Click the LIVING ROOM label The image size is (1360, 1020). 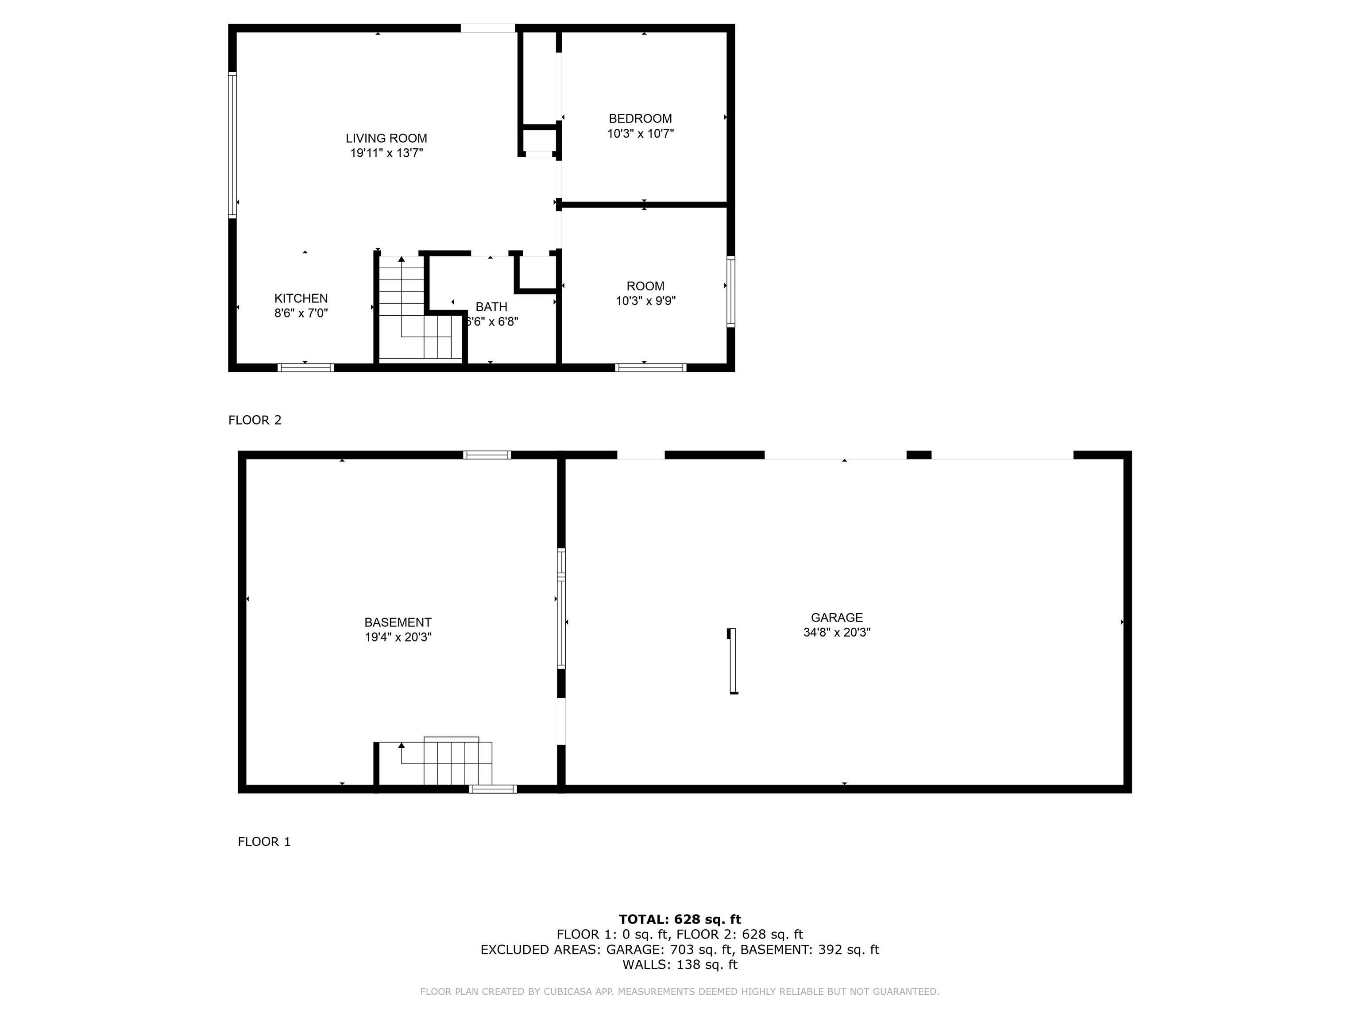tap(386, 138)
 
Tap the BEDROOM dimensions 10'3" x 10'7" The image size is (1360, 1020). tap(641, 133)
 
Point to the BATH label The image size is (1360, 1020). tap(491, 307)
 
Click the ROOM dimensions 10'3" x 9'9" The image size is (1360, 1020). tap(645, 301)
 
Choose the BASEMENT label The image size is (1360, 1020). tap(398, 622)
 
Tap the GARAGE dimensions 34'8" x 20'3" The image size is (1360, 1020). tap(837, 632)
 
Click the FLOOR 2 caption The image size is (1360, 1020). tap(255, 420)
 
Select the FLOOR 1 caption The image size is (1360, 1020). tap(264, 842)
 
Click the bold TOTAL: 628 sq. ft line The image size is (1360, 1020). tap(680, 919)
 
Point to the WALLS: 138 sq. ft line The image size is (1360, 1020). tap(680, 965)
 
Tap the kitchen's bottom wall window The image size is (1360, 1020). tap(305, 367)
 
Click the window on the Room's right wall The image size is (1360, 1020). tap(730, 291)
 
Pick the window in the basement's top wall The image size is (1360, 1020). tap(487, 455)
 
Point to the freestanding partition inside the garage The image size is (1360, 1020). tap(732, 661)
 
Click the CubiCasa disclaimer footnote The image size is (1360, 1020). tap(680, 992)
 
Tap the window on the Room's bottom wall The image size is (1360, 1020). tap(650, 367)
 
